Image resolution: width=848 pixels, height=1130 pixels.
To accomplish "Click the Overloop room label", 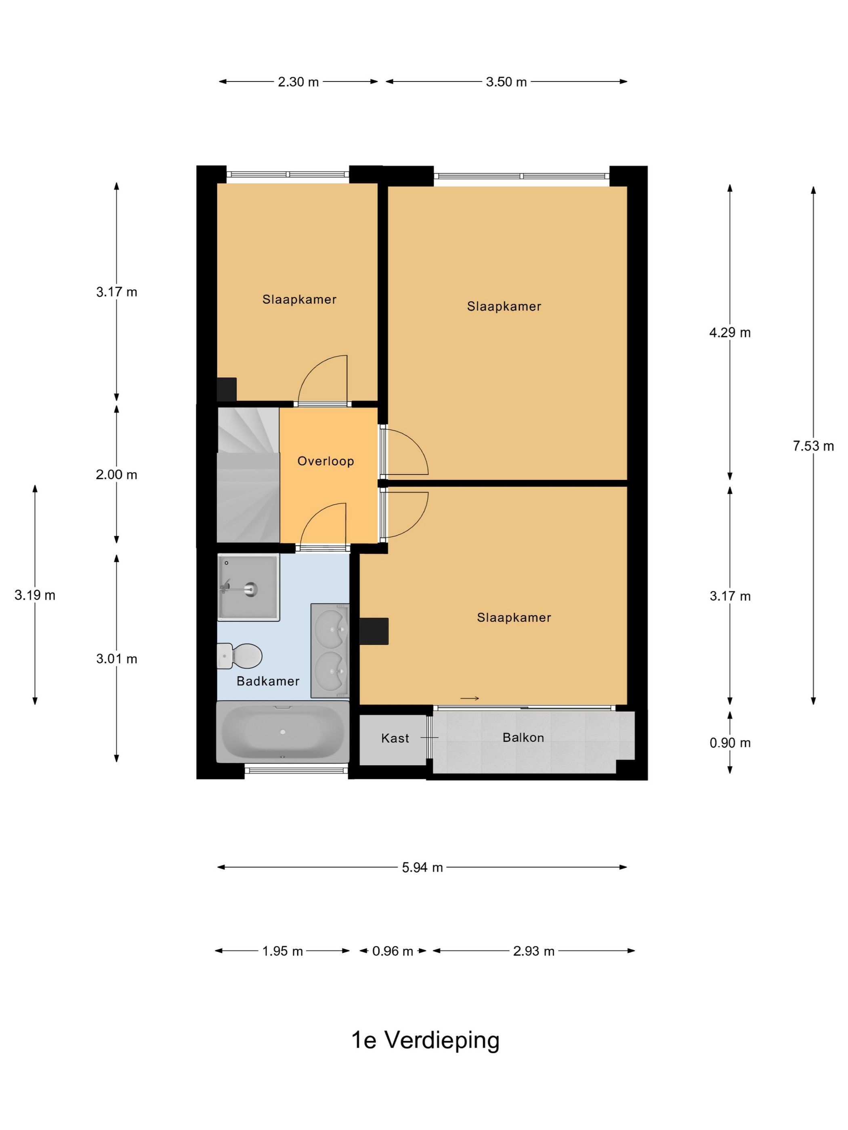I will [x=325, y=461].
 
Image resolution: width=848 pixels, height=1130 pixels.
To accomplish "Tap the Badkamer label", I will [x=268, y=681].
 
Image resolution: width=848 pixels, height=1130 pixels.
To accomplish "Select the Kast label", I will [x=395, y=738].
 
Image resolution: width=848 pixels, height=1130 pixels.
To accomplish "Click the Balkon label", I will [x=523, y=737].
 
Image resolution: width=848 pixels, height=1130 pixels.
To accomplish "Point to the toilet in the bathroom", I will [x=240, y=656].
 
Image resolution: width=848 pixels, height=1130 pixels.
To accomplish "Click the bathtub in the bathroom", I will [x=283, y=732].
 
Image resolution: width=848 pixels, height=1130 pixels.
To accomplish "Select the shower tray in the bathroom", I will [x=248, y=588].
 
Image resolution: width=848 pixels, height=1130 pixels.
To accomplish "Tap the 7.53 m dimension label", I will [x=813, y=446].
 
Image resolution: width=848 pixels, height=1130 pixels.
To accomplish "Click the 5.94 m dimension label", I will [x=422, y=867].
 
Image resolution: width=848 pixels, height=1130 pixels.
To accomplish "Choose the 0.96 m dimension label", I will [x=393, y=951].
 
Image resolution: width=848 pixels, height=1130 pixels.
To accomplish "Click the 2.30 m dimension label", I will [x=298, y=82].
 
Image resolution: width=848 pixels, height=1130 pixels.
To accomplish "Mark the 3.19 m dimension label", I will [x=35, y=595].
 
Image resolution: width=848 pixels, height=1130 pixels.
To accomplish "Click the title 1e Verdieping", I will [x=425, y=1040].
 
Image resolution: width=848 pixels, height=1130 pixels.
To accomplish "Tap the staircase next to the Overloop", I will [x=248, y=475].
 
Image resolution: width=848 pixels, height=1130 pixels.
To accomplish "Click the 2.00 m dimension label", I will [x=117, y=475].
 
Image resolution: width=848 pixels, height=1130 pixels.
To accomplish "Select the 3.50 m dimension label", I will [x=506, y=82].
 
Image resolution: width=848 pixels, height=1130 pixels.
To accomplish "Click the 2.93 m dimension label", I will [x=534, y=951].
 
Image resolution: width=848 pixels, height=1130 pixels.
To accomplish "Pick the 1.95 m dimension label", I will [x=283, y=951].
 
